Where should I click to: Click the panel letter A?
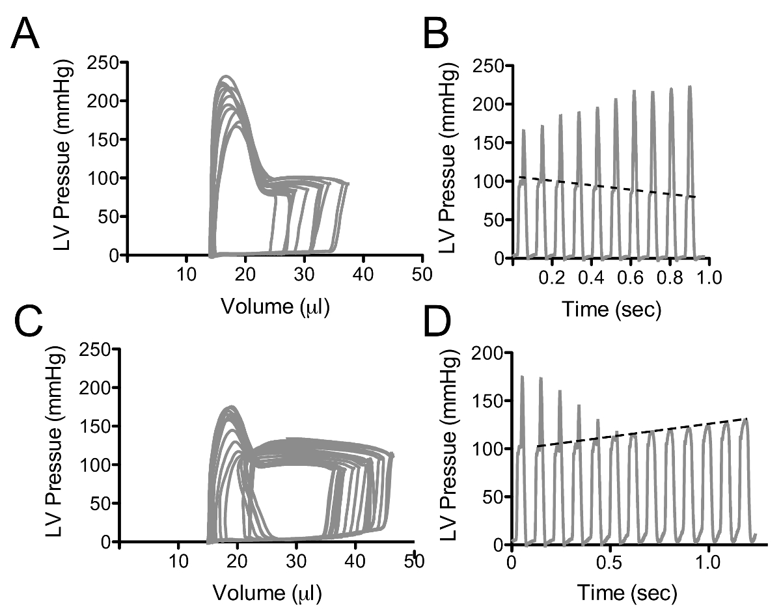point(26,34)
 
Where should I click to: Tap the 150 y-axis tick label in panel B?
point(487,143)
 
